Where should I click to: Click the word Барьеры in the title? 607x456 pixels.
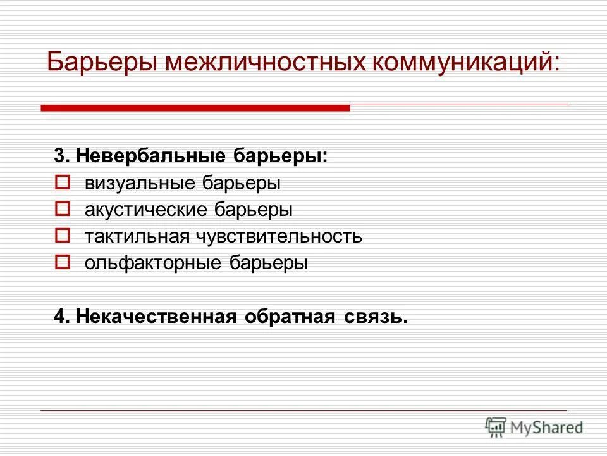(x=103, y=63)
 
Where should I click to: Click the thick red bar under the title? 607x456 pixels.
(x=195, y=108)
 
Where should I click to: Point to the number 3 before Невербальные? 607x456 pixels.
(x=59, y=156)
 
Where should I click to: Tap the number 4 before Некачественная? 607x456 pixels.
(x=59, y=316)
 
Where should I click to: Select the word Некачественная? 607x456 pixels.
(x=156, y=316)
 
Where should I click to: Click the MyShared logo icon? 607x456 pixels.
(x=496, y=426)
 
